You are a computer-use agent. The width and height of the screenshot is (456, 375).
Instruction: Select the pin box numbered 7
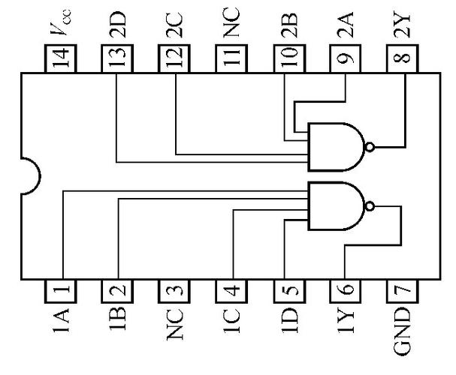point(403,288)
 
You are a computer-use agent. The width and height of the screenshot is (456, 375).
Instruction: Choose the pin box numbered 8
point(403,58)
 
